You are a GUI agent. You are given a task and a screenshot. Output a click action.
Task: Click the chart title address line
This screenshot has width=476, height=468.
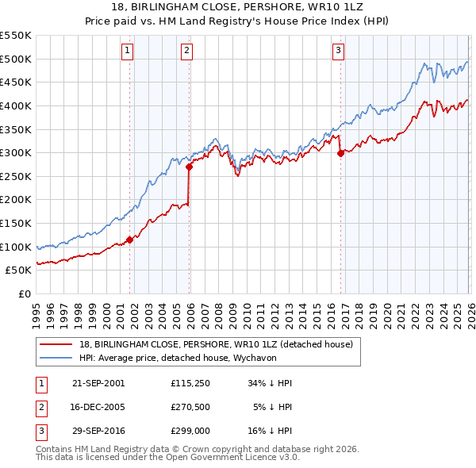238,6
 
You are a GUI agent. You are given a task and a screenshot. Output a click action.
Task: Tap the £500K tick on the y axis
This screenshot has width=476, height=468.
16,59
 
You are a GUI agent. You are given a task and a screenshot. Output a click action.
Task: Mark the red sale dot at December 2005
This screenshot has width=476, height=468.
189,167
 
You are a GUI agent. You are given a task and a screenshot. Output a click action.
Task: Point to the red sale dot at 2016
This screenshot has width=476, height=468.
340,153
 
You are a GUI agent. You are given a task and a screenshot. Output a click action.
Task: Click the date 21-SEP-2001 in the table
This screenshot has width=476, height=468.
98,382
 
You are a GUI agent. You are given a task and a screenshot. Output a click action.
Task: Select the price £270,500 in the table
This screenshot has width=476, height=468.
190,408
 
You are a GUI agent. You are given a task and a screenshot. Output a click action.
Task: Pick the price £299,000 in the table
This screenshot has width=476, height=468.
190,433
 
